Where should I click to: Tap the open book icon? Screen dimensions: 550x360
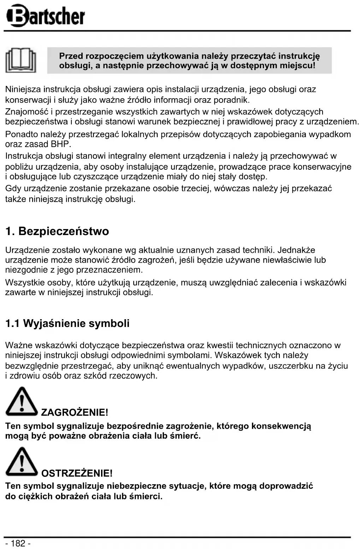click(21, 60)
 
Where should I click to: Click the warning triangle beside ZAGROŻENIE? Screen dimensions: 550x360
click(21, 402)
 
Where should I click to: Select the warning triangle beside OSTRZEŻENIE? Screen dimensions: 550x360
click(21, 462)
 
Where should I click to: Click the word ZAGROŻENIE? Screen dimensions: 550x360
click(75, 412)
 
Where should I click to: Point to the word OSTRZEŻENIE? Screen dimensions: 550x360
click(77, 473)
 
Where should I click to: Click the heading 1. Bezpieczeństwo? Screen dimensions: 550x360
click(57, 232)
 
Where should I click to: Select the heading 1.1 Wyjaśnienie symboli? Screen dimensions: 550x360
click(67, 323)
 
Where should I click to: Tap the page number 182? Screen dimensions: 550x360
click(18, 543)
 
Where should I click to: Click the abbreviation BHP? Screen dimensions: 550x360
click(60, 144)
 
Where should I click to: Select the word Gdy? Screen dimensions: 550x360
click(13, 189)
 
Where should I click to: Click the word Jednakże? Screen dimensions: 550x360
click(296, 250)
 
